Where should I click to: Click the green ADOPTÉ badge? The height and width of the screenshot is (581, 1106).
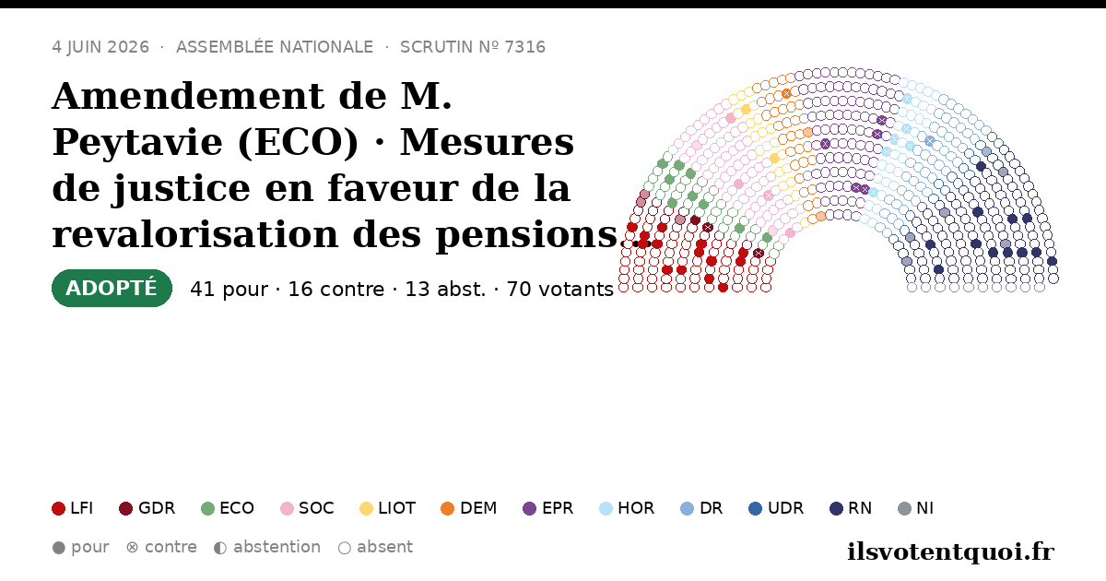112,288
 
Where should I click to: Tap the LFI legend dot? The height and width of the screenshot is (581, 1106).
58,508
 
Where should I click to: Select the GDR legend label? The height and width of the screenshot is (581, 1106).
157,508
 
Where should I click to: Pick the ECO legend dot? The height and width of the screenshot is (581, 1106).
208,508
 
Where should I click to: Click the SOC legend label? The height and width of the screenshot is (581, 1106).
316,508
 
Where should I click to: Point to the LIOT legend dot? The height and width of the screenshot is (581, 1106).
366,508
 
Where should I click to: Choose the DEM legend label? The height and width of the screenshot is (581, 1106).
478,508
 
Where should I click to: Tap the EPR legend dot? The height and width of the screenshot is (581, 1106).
529,508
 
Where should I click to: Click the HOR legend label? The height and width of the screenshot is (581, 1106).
636,508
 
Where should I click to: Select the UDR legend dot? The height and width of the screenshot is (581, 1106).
755,508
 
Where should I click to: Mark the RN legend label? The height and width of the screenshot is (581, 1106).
860,508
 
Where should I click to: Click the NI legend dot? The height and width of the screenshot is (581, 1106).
904,508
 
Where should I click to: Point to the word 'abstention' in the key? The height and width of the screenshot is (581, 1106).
277,547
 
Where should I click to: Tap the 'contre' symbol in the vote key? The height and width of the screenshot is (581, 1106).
133,548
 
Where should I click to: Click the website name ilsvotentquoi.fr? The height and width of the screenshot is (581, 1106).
950,551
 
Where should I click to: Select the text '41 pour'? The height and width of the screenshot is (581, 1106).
229,290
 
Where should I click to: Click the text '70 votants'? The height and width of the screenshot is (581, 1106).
560,290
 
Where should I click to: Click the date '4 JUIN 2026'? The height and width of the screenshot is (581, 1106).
100,47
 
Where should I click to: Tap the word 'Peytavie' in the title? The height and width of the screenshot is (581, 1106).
137,143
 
